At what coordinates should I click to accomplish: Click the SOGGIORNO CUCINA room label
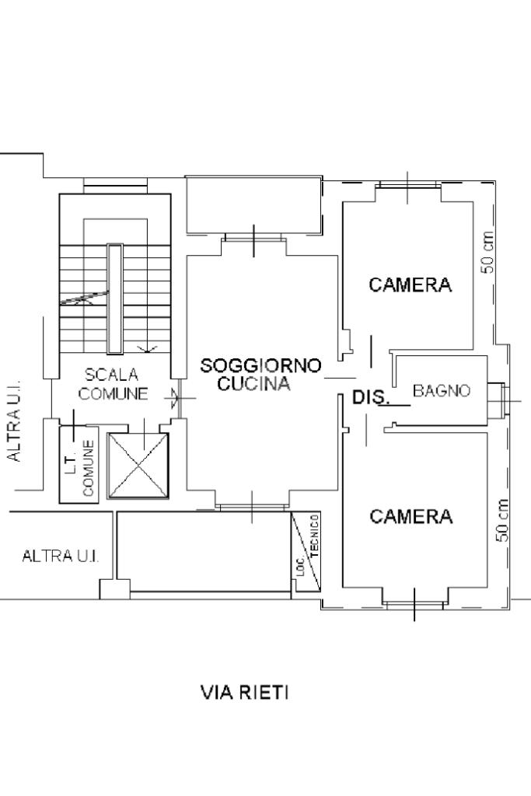point(260,374)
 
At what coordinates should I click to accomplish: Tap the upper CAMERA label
point(410,285)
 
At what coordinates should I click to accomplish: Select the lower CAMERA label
point(410,517)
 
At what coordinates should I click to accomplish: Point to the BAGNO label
point(441,391)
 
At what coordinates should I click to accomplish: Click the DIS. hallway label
point(371,398)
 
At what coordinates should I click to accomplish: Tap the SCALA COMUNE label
point(113,384)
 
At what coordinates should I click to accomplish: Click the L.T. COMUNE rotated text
point(79,468)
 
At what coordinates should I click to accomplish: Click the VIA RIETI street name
point(245,692)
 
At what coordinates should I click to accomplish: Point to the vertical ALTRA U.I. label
point(14,421)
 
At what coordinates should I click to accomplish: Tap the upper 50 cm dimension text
point(487,252)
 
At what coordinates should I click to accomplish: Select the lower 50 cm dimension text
point(503,520)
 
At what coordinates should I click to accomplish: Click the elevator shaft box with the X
point(138,466)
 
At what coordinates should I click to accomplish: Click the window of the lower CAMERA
point(414,603)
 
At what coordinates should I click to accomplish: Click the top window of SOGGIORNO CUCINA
point(254,237)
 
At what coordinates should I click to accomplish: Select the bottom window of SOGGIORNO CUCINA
point(252,508)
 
